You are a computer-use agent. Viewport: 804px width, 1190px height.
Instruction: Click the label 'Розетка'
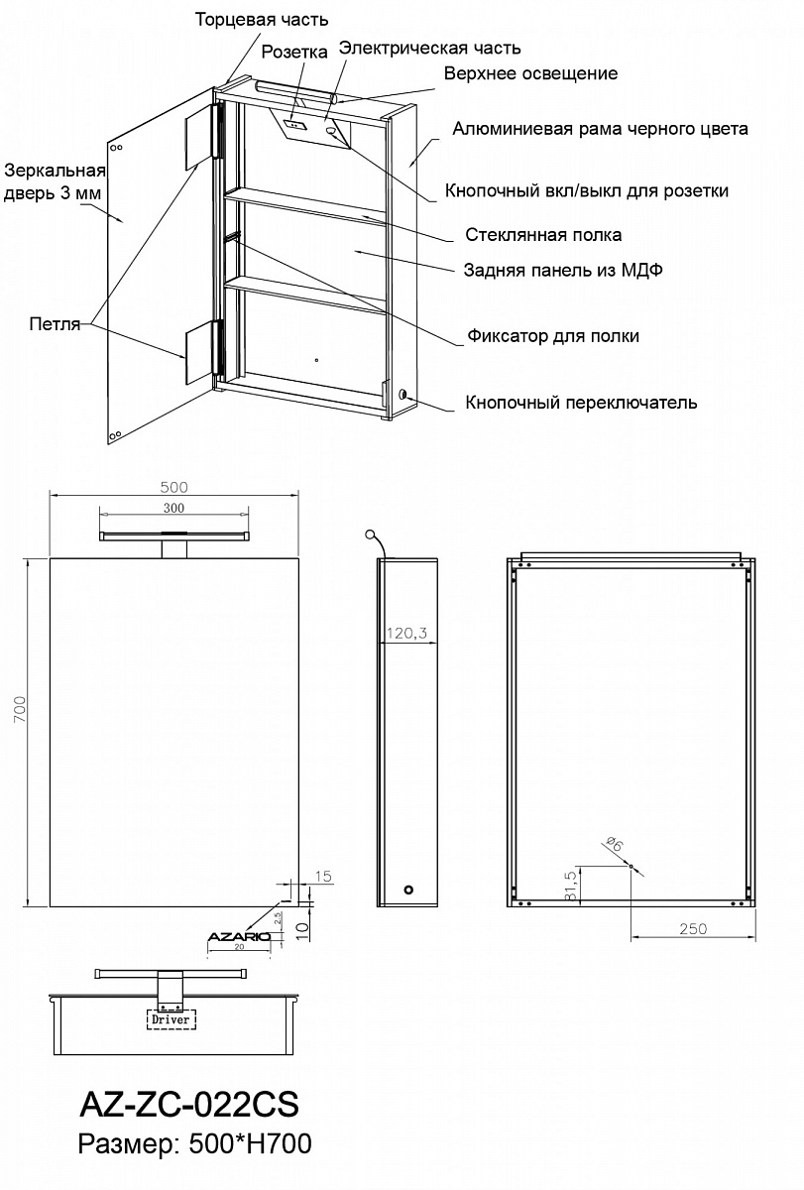click(294, 52)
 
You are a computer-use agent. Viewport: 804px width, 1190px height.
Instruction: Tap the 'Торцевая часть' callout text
click(262, 20)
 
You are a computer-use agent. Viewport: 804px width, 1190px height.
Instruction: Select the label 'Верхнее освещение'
click(530, 73)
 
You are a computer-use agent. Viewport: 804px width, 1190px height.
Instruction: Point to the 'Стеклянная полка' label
click(543, 235)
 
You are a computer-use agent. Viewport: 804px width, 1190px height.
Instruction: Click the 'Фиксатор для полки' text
click(553, 336)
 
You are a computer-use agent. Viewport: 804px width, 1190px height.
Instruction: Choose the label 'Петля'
click(55, 324)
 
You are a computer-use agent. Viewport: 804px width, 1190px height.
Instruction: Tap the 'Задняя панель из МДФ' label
click(563, 271)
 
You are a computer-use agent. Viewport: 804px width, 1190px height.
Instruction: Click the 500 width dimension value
click(173, 487)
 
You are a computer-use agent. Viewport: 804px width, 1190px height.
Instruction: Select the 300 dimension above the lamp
click(173, 509)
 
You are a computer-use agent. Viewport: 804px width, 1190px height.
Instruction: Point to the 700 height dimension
click(19, 709)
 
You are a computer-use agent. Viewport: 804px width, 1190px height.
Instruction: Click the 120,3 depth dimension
click(406, 634)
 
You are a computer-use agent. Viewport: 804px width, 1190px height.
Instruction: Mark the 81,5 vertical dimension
click(570, 886)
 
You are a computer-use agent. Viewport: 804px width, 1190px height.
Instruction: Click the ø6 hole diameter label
click(615, 844)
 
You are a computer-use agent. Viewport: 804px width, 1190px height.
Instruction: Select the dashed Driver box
click(171, 1019)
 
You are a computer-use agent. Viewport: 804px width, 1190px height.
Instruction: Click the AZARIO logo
click(239, 936)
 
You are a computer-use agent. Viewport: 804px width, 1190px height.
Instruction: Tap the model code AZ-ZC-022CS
click(189, 1105)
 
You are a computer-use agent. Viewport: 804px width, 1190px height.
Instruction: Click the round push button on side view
click(408, 890)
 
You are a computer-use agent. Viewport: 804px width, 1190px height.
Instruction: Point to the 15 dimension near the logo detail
click(323, 876)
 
